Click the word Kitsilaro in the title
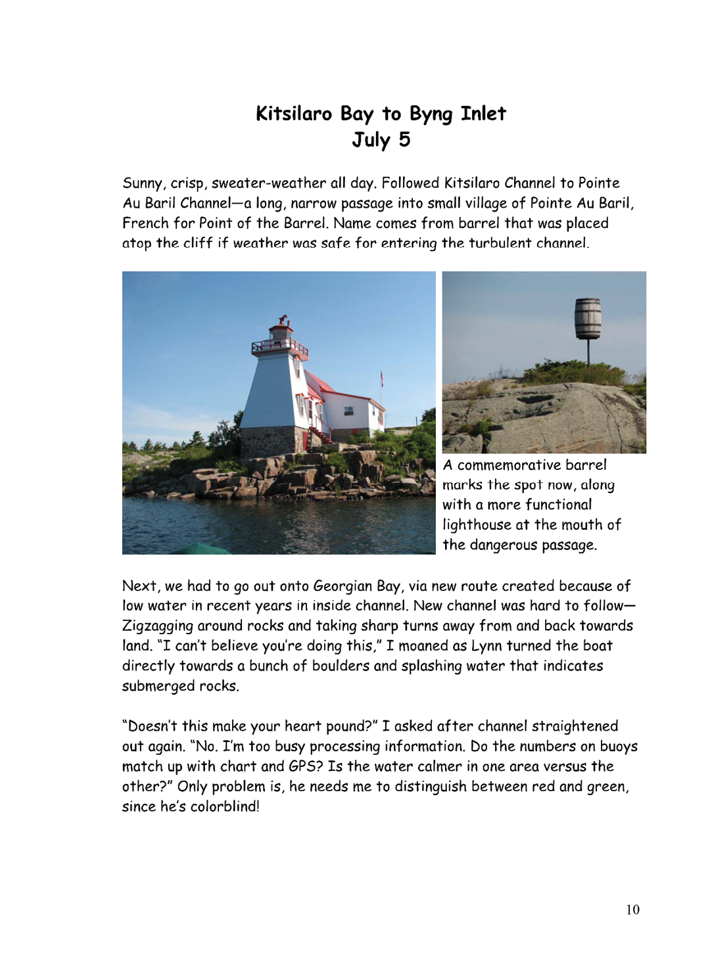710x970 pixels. coord(294,114)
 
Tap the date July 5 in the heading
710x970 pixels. coord(381,140)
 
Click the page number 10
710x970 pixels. coord(632,910)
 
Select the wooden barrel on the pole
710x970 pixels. coord(588,319)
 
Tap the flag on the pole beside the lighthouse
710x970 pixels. coord(381,378)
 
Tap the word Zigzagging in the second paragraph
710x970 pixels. coord(157,626)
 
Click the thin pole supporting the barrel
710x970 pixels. coord(588,352)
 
